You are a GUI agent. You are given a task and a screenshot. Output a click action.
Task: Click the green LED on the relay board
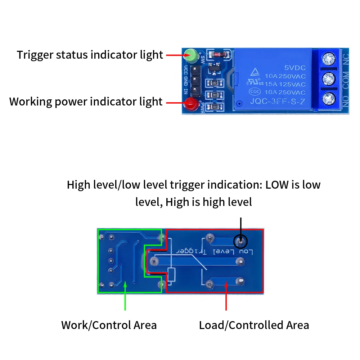191,55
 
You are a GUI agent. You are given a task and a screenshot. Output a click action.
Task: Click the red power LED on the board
189,104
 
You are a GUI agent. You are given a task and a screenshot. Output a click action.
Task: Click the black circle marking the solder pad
240,241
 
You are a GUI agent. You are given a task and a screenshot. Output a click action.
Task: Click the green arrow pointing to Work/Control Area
125,295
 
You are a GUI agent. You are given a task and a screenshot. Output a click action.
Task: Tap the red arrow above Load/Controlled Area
226,295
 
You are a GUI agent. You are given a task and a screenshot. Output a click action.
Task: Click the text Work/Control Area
109,325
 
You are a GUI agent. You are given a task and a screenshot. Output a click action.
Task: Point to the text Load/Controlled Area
254,325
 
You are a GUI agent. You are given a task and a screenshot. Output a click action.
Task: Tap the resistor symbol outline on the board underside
172,275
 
